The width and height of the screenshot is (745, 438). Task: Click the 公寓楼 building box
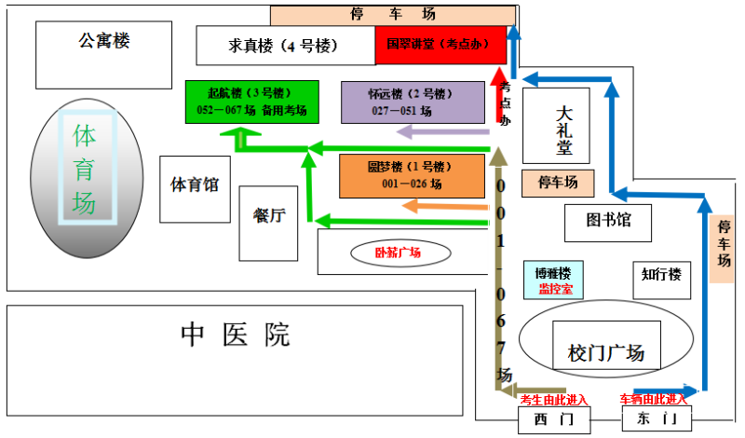pos(103,52)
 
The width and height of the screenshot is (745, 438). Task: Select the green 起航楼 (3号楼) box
pos(251,102)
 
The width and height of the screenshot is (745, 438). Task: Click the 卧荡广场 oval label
pos(398,253)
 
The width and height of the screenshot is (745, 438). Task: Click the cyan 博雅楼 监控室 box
pos(553,279)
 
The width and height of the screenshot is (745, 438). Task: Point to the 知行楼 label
pos(661,275)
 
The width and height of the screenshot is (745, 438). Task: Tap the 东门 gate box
pos(657,419)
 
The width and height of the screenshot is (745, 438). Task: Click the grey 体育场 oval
pos(85,177)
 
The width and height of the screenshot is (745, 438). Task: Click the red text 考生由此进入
pos(554,400)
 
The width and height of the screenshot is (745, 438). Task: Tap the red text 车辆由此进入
pos(653,400)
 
